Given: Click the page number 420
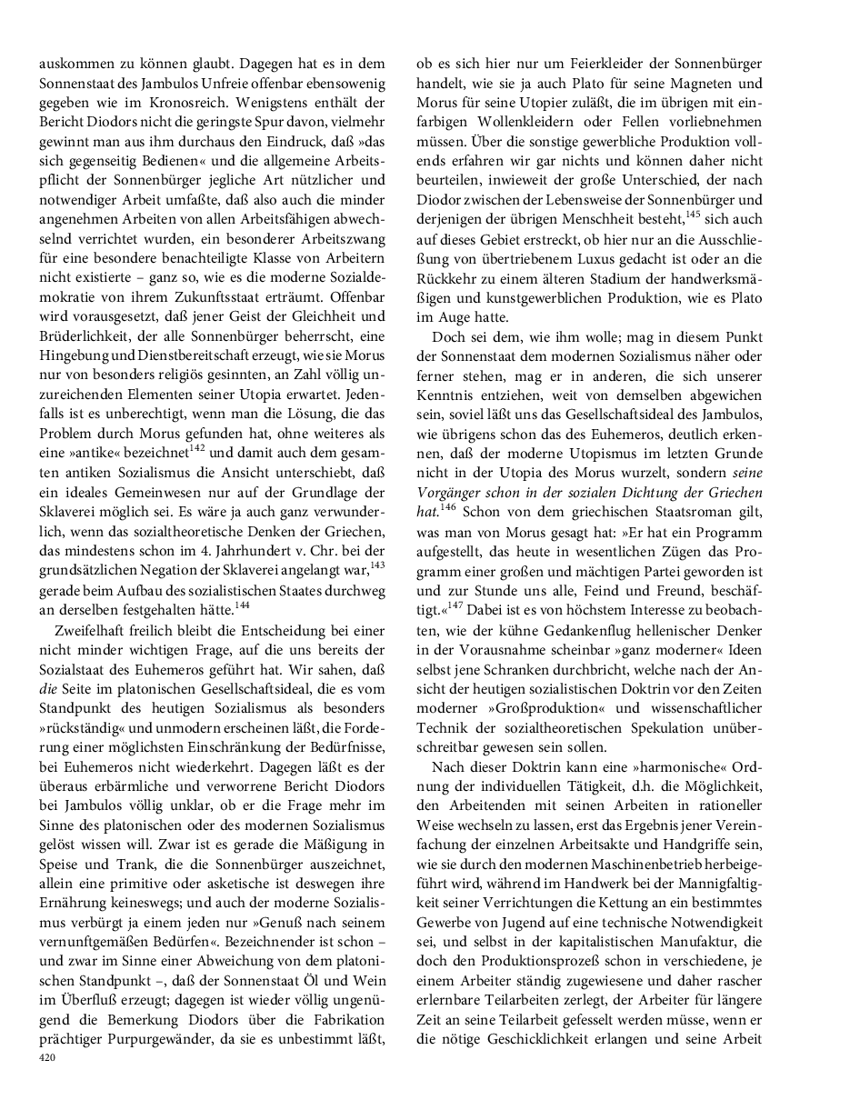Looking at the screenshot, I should (48, 1057).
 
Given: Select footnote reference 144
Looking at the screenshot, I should (242, 604).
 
